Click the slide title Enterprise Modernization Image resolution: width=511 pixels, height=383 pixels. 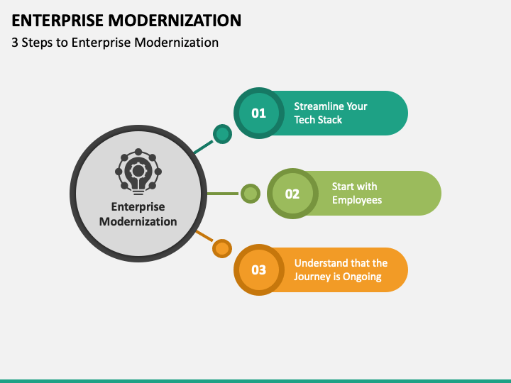click(x=126, y=20)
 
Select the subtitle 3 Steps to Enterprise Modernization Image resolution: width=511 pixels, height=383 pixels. click(x=115, y=43)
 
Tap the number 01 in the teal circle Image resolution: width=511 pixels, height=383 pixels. click(x=258, y=113)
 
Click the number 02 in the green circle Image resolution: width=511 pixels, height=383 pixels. click(x=292, y=194)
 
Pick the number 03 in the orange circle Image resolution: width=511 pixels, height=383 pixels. click(x=258, y=270)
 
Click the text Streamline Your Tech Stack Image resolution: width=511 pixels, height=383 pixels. click(x=331, y=113)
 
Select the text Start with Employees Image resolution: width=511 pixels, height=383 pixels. click(x=357, y=193)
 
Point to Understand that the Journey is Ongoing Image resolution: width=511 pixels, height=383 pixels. click(x=341, y=270)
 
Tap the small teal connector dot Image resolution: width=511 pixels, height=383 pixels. click(x=222, y=133)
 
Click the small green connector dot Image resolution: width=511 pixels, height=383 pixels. click(x=250, y=193)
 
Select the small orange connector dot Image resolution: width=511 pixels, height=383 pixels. click(x=222, y=248)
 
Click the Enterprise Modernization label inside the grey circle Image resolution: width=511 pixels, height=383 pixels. click(x=138, y=214)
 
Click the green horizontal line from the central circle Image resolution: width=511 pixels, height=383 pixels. click(x=223, y=193)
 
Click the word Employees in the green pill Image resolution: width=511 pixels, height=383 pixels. click(x=357, y=200)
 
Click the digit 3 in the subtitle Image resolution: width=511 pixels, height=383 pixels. click(x=15, y=43)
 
